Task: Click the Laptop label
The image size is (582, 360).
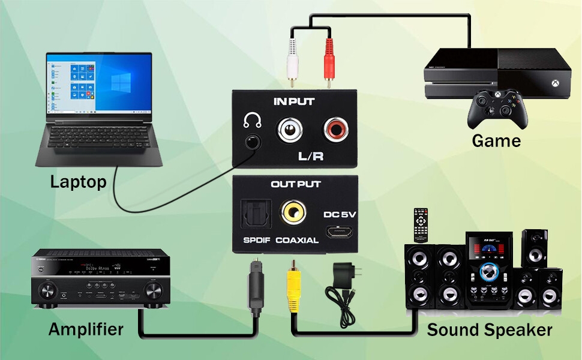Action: point(78,181)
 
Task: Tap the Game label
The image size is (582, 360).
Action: point(496,141)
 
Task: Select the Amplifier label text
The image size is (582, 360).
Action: point(86,329)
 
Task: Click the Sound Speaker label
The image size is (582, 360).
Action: point(489,330)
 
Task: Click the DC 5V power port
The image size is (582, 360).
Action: point(334,232)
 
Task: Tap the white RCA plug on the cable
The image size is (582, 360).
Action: point(293,58)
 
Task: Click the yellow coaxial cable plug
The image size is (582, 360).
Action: point(293,288)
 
